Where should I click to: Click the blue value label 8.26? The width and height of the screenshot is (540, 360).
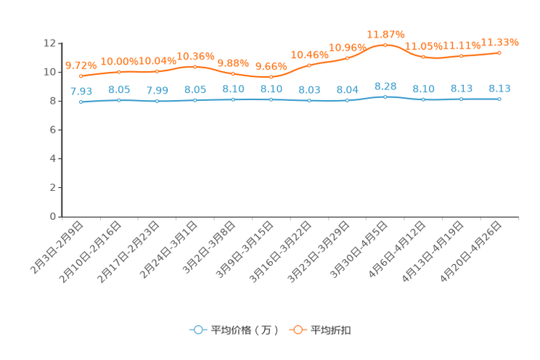[x=385, y=86]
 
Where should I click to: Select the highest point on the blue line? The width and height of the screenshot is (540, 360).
[x=385, y=97]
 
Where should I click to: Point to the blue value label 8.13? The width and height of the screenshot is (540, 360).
[x=499, y=88]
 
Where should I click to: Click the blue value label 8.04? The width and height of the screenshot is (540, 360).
[x=347, y=90]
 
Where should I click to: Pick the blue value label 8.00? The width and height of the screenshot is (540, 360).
[x=309, y=90]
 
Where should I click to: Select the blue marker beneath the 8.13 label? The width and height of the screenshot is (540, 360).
[x=499, y=99]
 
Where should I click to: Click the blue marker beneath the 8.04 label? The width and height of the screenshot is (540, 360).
[x=347, y=101]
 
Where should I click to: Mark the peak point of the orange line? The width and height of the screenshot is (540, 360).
[x=385, y=44]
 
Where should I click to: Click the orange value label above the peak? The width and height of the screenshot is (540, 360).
[x=385, y=34]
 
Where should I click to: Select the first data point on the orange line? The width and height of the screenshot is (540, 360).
[x=81, y=75]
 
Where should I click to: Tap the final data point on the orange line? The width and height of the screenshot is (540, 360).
[x=499, y=52]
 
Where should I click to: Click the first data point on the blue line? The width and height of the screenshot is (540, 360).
[x=81, y=102]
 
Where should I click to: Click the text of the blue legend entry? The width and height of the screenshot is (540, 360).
[x=244, y=330]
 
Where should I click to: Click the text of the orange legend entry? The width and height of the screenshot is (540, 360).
[x=331, y=330]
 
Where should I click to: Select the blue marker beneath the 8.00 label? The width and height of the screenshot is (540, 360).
[x=309, y=101]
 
